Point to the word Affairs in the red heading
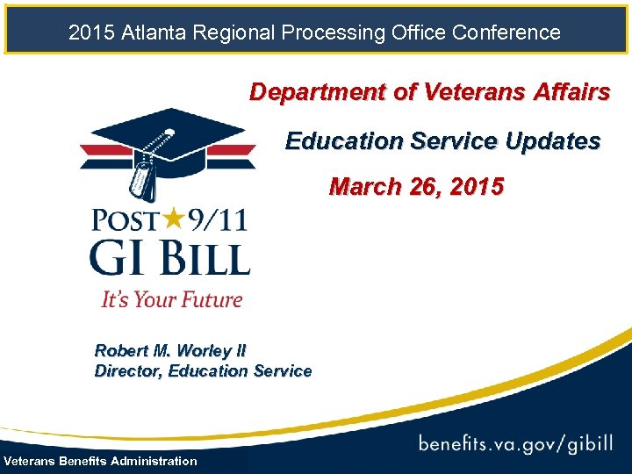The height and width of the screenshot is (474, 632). click(x=566, y=92)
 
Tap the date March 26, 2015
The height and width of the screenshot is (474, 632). click(x=416, y=187)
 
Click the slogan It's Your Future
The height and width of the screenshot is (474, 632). click(x=171, y=299)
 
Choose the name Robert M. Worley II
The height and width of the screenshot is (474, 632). click(x=170, y=351)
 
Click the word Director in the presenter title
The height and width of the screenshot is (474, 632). click(x=128, y=371)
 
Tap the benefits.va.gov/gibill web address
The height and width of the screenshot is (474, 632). click(x=515, y=443)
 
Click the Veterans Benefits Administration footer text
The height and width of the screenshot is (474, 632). click(x=101, y=462)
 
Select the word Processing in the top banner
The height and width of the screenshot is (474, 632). click(x=331, y=33)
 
